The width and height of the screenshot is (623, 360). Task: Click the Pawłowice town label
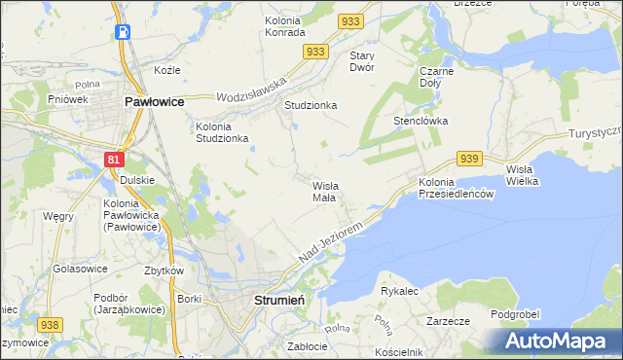tap(155, 100)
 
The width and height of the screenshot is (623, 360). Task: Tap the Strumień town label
tap(279, 300)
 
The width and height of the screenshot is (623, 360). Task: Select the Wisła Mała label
tap(324, 191)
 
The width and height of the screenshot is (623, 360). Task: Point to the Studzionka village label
tap(310, 104)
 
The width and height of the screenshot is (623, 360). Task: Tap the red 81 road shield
tap(115, 158)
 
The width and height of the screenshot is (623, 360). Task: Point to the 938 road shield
tap(51, 325)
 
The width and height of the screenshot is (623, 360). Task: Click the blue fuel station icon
tap(123, 31)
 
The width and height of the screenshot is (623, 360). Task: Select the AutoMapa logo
tap(558, 342)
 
